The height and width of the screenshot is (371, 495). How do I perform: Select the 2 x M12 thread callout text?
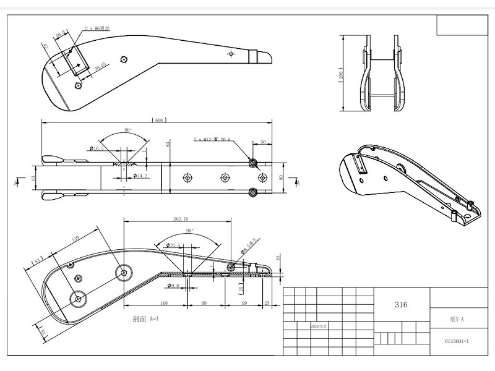212,140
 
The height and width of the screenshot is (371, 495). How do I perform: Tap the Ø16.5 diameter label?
98,149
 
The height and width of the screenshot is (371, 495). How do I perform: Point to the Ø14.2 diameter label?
142,176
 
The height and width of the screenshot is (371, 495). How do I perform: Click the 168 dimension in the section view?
147,302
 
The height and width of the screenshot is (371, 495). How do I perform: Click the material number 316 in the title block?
400,305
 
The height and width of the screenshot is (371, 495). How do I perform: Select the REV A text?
457,320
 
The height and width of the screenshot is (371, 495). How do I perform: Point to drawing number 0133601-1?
457,341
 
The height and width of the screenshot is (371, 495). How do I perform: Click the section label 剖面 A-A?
146,320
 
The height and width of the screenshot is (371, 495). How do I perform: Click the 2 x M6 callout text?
98,28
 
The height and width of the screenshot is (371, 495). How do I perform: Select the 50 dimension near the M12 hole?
263,142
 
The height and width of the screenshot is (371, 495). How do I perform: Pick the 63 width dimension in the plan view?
33,178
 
